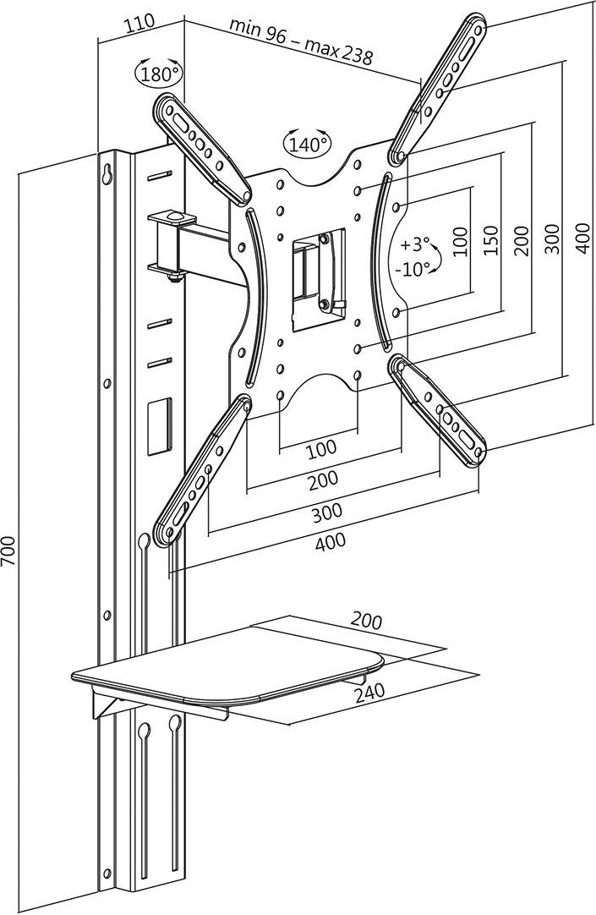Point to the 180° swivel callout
point(158,74)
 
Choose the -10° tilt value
point(413,268)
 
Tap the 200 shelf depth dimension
point(366,622)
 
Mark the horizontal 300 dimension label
point(325,511)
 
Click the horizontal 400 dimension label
point(330,543)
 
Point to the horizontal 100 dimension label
point(320,447)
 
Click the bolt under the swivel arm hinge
point(173,277)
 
